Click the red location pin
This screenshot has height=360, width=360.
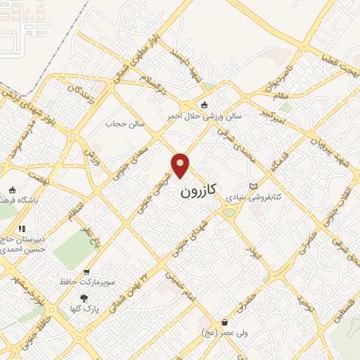click(181, 164)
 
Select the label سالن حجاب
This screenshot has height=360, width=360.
click(125, 124)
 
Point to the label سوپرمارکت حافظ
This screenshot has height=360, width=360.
click(86, 283)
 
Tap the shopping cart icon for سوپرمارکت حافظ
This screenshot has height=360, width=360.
click(86, 272)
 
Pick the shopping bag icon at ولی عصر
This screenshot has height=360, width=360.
click(224, 323)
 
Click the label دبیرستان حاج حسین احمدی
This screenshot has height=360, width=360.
click(25, 243)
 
